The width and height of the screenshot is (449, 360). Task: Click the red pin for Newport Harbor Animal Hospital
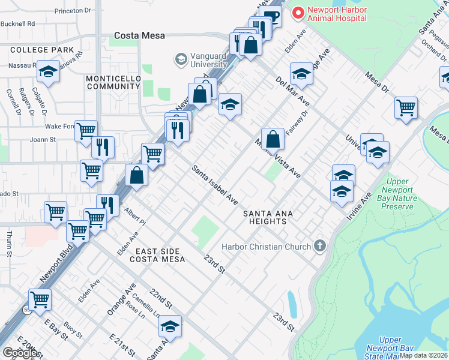coord(297,13)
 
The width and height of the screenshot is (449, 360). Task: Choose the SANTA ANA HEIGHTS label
coord(264,217)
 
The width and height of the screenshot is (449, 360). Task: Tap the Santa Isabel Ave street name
coord(215,185)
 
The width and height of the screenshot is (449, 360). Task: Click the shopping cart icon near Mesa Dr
coord(406,108)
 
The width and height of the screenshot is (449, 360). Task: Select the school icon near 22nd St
coord(170,326)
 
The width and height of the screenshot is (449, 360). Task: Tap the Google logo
coord(20,353)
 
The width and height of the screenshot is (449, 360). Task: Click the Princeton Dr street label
coord(72,11)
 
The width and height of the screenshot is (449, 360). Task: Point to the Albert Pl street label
coord(135,217)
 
